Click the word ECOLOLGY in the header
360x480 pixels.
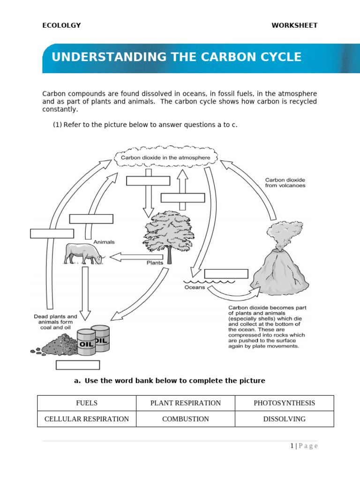(x=61, y=25)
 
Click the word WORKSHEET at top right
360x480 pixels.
(x=294, y=25)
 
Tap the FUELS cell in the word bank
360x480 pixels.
(x=87, y=403)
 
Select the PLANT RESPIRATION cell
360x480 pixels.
(x=185, y=403)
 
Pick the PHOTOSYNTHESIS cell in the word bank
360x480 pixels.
(x=284, y=403)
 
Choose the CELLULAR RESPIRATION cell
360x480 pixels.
(x=87, y=419)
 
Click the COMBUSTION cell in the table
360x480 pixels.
(x=185, y=419)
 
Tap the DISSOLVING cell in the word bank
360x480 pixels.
(x=284, y=419)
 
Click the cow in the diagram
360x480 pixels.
(x=83, y=254)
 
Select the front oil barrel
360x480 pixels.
(x=86, y=342)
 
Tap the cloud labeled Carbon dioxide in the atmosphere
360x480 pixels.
(x=165, y=158)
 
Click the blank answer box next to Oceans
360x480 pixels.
(x=226, y=274)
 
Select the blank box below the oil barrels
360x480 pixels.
(x=78, y=365)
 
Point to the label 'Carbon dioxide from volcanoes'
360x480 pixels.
(x=285, y=182)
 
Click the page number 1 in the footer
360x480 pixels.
(x=292, y=446)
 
